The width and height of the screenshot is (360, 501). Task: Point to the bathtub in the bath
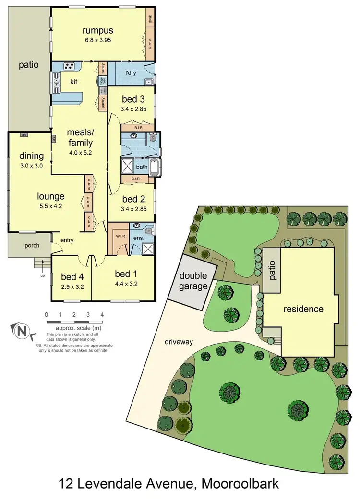(155, 168)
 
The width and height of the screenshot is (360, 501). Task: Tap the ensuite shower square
(149, 248)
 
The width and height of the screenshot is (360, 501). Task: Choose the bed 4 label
(69, 276)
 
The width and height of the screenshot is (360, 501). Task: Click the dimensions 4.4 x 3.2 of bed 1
(123, 284)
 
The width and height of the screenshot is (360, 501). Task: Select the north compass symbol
(21, 330)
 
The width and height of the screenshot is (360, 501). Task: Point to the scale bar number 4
(102, 314)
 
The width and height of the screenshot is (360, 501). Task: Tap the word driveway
(179, 342)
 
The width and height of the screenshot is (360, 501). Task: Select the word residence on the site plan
(303, 309)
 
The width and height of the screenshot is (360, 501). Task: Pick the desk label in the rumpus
(150, 20)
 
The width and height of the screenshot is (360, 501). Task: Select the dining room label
(32, 155)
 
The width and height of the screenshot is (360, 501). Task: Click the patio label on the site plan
(271, 269)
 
